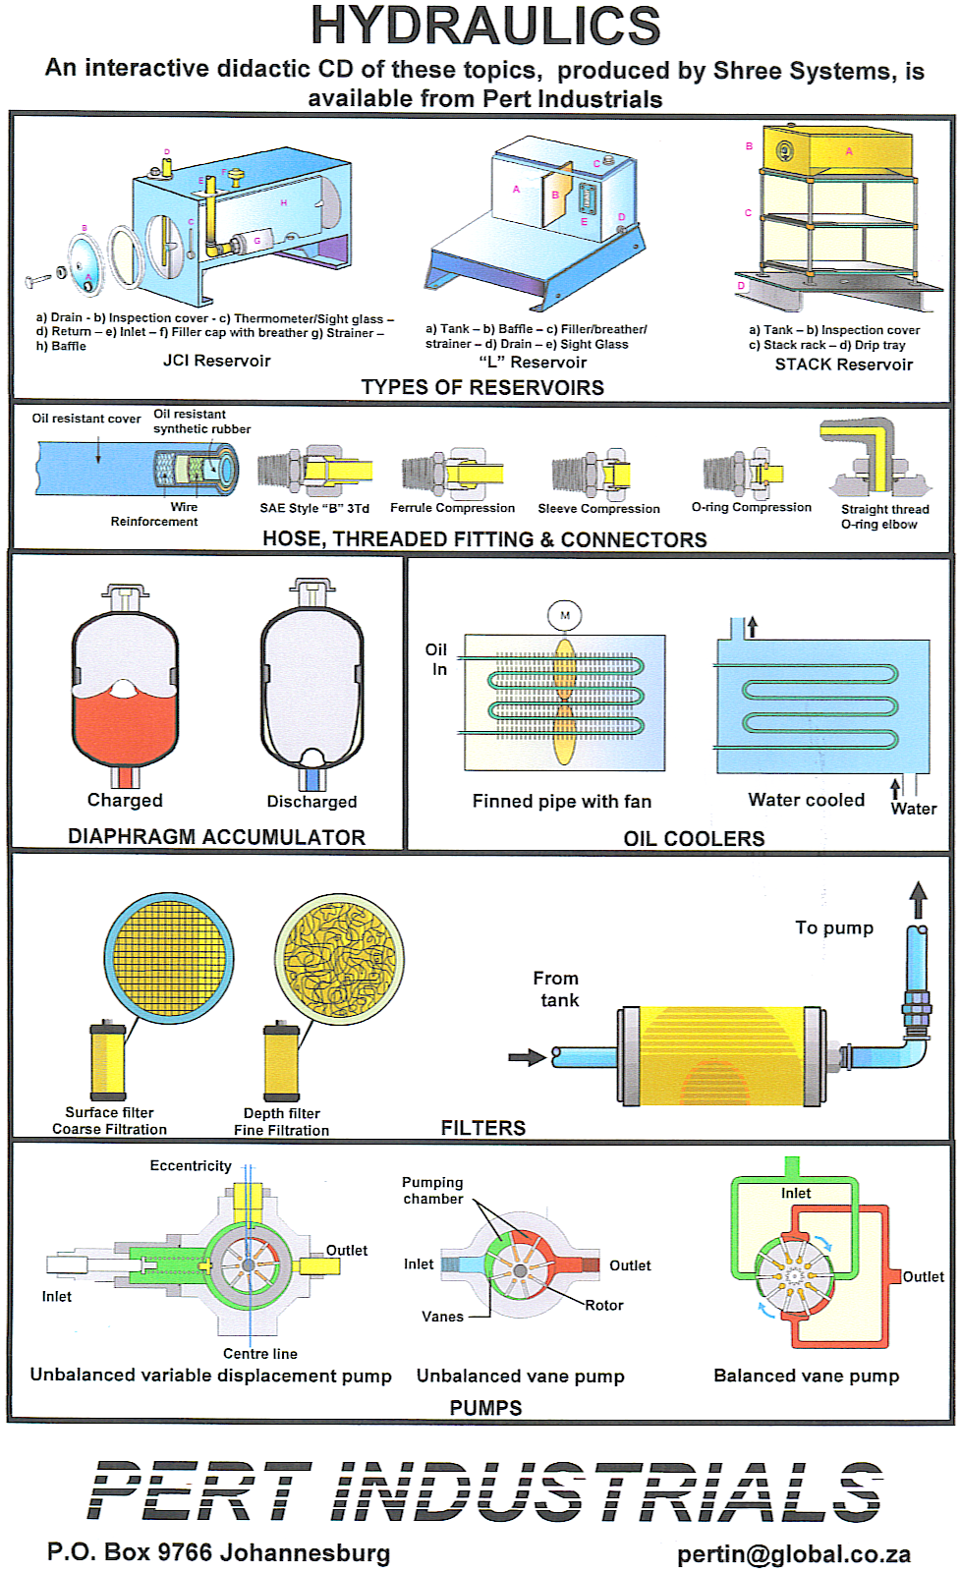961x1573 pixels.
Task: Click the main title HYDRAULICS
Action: coord(485,27)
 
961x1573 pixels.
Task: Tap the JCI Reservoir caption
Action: coord(216,361)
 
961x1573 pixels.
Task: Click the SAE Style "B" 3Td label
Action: coord(314,508)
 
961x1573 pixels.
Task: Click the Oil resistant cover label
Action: coord(86,419)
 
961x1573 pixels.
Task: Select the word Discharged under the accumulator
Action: coord(311,802)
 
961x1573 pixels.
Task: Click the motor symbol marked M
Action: coord(565,616)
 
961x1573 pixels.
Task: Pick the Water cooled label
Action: coord(806,800)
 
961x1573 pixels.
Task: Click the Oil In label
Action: coord(436,659)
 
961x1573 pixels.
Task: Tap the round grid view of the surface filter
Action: coord(169,959)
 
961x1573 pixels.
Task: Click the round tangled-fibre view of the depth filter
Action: coord(340,959)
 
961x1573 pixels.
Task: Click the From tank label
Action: coord(556,988)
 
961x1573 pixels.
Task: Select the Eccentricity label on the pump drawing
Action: coord(191,1165)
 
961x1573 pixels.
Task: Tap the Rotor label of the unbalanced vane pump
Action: coord(604,1305)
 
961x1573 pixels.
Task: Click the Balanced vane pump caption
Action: coord(806,1376)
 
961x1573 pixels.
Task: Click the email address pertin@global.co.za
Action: coord(793,1554)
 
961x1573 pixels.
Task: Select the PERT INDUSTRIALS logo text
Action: coord(485,1491)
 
